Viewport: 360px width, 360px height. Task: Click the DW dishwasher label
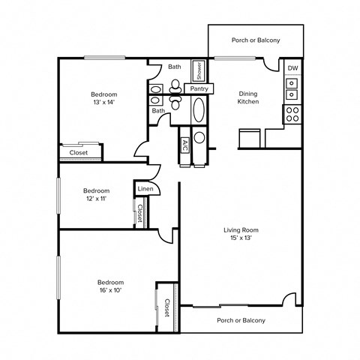tap(292, 68)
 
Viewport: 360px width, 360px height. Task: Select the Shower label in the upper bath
tap(199, 70)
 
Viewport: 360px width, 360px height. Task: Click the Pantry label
tap(199, 88)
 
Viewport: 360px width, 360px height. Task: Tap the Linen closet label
tap(145, 188)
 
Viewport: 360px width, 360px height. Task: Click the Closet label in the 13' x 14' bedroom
tap(79, 153)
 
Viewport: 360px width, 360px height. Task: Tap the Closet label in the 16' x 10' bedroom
tap(166, 307)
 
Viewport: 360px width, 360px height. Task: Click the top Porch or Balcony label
tap(256, 40)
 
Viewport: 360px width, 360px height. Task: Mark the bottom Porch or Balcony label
tap(241, 320)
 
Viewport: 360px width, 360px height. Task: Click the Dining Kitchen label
tap(248, 97)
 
